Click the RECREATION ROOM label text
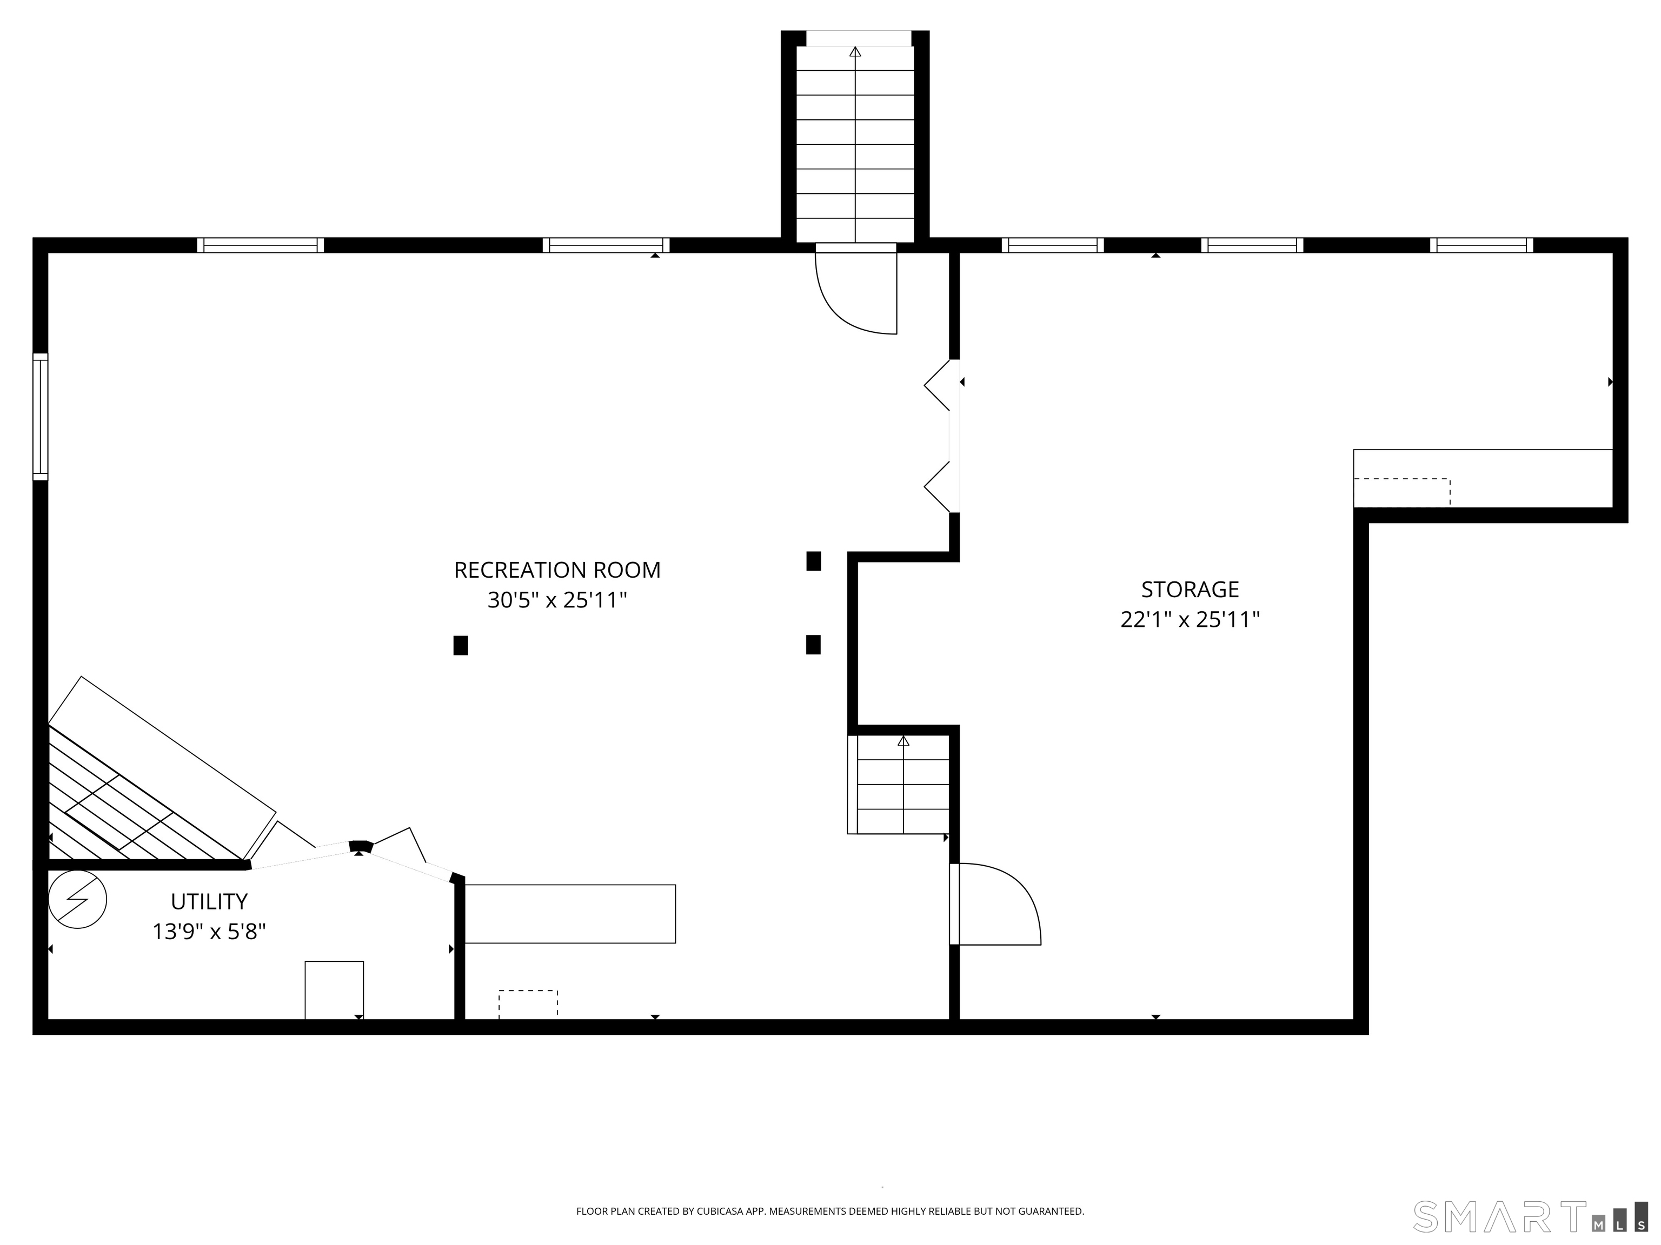point(557,570)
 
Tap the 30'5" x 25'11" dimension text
point(557,600)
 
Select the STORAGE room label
point(1190,589)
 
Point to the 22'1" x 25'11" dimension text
point(1190,620)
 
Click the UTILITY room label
point(209,901)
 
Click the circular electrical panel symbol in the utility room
point(77,899)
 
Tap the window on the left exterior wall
point(41,417)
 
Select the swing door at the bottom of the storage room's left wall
point(995,904)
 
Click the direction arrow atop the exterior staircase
point(855,52)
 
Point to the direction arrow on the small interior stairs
point(903,741)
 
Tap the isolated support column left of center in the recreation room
point(460,645)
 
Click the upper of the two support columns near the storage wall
point(813,560)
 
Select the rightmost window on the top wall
point(1481,245)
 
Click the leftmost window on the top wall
point(261,245)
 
